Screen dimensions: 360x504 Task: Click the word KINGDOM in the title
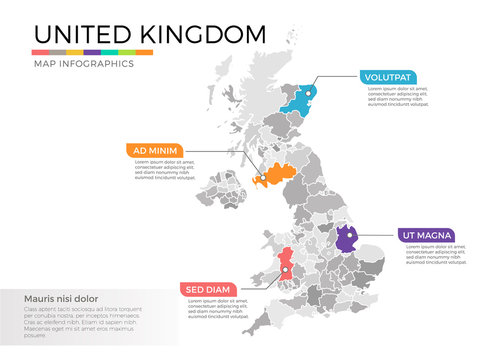(205, 34)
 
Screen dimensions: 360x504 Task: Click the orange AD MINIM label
(155, 151)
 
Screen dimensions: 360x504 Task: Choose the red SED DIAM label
(208, 289)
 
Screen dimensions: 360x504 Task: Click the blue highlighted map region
(299, 101)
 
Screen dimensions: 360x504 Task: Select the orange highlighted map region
(275, 176)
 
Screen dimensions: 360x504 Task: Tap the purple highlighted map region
(347, 241)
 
